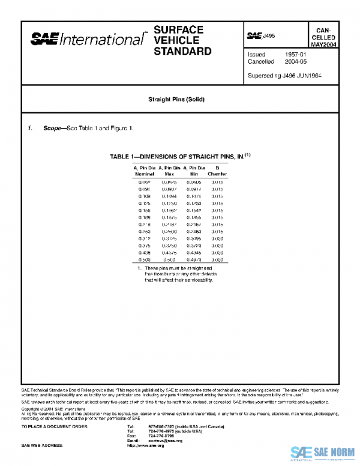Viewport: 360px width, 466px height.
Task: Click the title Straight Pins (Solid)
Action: click(x=179, y=99)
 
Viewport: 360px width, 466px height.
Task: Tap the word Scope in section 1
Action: click(x=54, y=129)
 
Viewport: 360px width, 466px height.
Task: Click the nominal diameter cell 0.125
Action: click(x=144, y=204)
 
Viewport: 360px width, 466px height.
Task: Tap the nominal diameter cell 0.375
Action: click(x=144, y=246)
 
